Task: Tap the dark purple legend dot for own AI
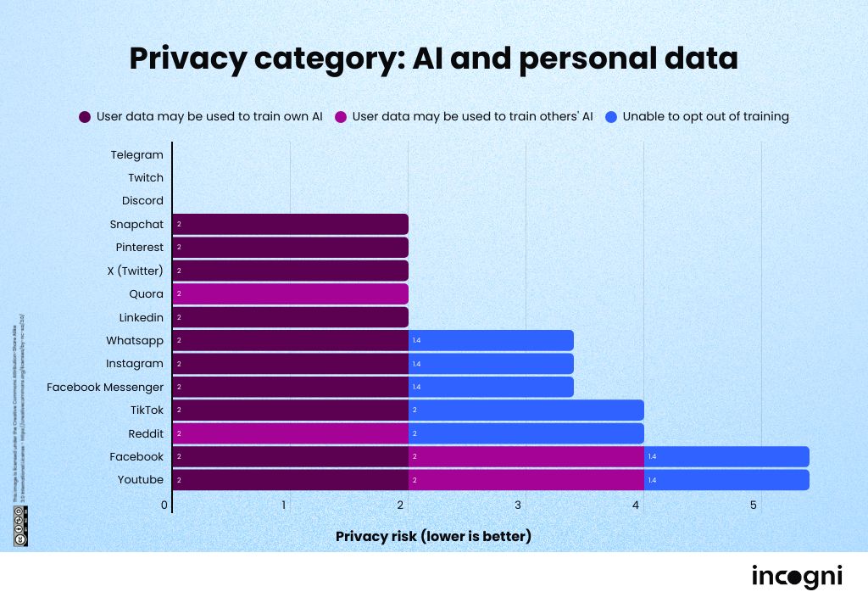85,117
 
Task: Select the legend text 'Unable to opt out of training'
705,117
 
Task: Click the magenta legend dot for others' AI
340,117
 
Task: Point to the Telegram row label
136,155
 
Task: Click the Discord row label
142,201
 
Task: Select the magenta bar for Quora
290,294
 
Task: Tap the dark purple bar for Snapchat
290,225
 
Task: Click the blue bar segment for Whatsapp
491,340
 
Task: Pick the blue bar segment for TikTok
526,410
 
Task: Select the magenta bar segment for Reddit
290,433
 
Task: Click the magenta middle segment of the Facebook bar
526,456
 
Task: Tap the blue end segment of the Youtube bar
726,480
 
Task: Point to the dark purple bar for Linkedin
290,317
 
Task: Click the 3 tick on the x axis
518,506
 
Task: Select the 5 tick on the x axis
753,506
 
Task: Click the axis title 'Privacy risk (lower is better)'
433,536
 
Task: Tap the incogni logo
797,577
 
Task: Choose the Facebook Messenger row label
105,387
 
